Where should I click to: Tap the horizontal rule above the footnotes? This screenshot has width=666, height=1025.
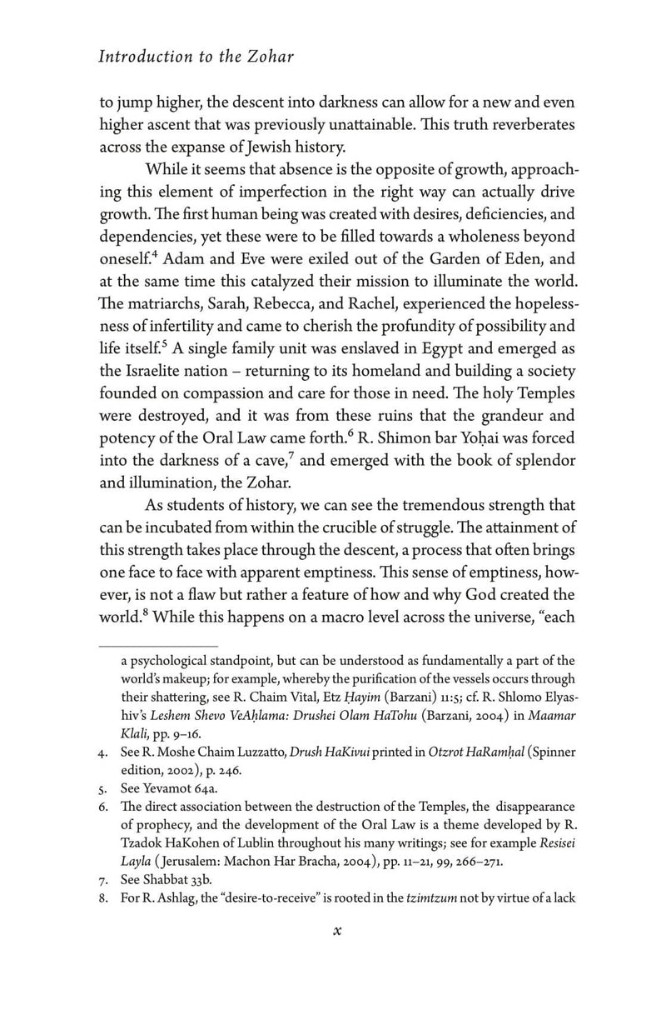tap(157, 646)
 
